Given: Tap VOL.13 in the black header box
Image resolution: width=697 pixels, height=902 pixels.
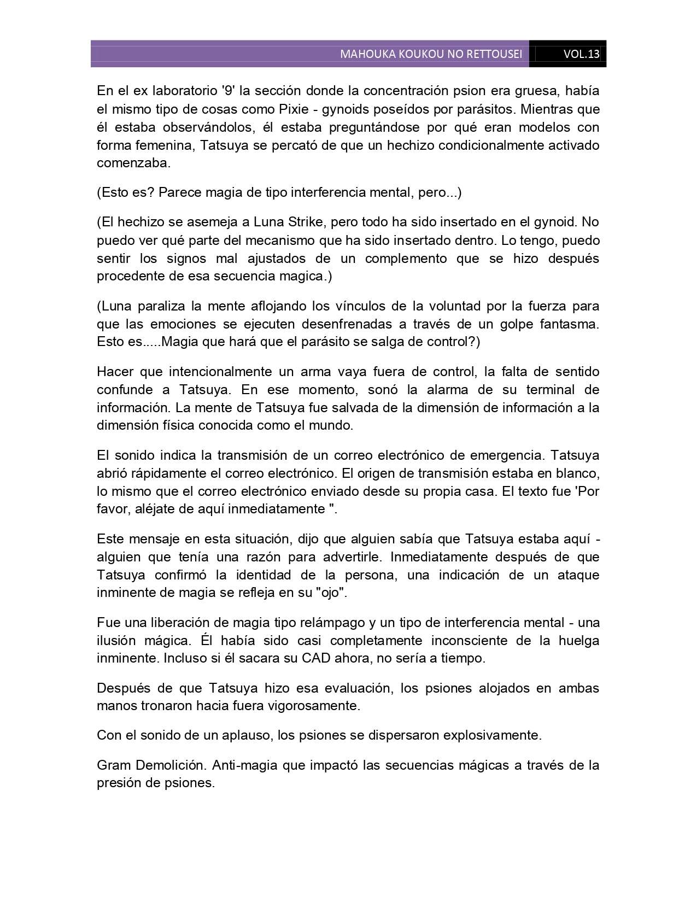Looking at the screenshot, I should click(x=581, y=54).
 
